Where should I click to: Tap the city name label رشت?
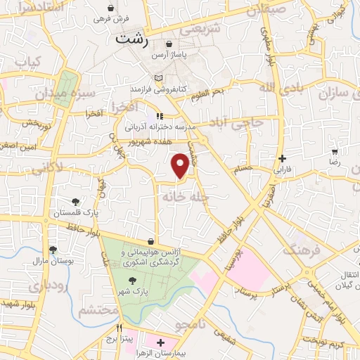point(132,40)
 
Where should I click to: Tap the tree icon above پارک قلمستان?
point(76,202)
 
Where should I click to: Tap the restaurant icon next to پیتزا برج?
point(120,328)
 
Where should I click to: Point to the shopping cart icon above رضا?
point(335,151)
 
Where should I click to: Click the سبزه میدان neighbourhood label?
point(60,94)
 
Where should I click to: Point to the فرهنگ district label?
point(301,250)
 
